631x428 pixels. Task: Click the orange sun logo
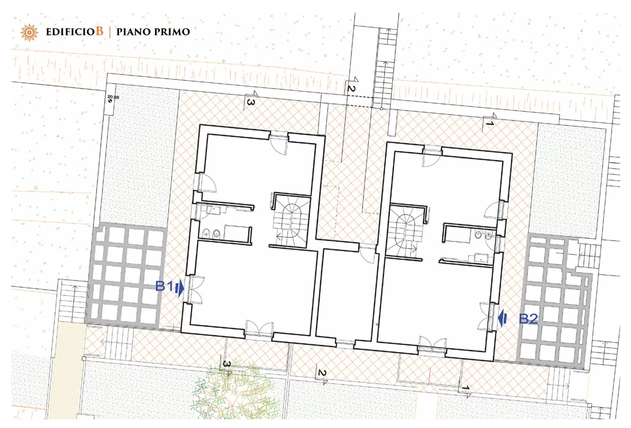[x=29, y=32]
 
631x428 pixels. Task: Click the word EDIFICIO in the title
[x=70, y=32]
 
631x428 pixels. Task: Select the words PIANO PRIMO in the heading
[x=153, y=32]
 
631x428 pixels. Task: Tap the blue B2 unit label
[x=528, y=318]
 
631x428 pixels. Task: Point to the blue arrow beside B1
[x=179, y=289]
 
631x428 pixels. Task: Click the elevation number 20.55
[x=113, y=97]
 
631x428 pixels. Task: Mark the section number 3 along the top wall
[x=250, y=102]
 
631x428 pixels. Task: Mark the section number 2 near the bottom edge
[x=322, y=373]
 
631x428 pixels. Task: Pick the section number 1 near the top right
[x=490, y=124]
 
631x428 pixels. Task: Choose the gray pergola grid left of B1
[x=127, y=275]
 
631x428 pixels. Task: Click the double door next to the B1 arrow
[x=194, y=290]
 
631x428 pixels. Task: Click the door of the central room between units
[x=367, y=254]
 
